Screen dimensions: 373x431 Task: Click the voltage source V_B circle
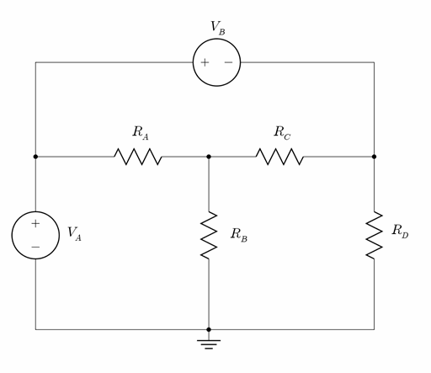[x=216, y=62]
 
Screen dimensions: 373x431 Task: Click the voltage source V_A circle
[x=35, y=235]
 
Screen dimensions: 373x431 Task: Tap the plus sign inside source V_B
[x=205, y=62]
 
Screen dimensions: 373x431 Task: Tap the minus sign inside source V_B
[x=228, y=62]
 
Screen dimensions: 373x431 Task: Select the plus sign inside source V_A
[x=35, y=224]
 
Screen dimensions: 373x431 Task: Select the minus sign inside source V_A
[x=35, y=247]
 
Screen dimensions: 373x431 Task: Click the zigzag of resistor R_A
[x=138, y=157]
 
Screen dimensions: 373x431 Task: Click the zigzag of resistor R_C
[x=280, y=157]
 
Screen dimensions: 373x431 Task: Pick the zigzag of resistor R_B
[x=209, y=235]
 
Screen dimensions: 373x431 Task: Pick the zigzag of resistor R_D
[x=374, y=235]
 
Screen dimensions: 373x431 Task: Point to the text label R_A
[x=140, y=132]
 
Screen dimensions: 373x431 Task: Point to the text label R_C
[x=281, y=132]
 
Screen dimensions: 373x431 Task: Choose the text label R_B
[x=238, y=234]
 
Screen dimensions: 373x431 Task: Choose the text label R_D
[x=400, y=232]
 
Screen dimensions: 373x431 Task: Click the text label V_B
[x=217, y=27]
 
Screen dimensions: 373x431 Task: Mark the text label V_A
[x=74, y=233]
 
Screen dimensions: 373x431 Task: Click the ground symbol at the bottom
[x=209, y=343]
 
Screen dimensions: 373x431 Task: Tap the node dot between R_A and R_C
[x=209, y=157]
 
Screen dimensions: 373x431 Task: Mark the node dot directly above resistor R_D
[x=374, y=157]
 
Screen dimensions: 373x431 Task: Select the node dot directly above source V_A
[x=35, y=157]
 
